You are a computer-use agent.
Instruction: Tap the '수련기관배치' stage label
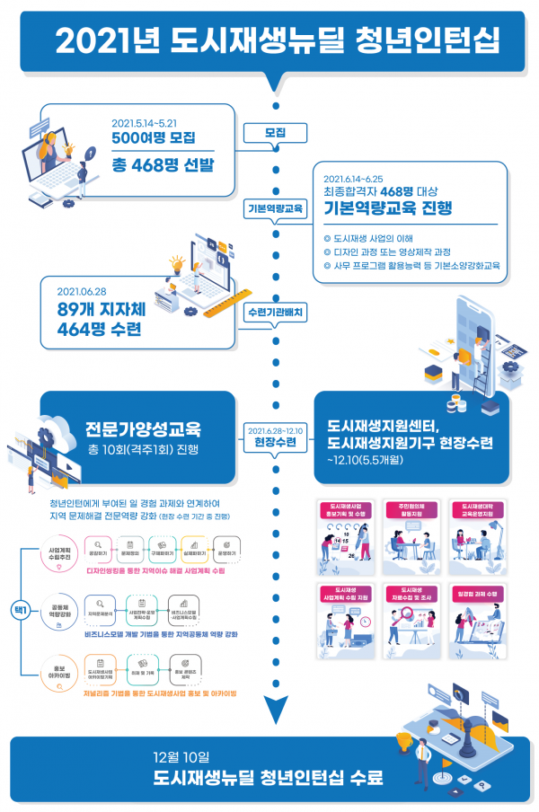click(x=275, y=312)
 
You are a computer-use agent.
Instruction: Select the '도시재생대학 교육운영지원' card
click(x=478, y=534)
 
